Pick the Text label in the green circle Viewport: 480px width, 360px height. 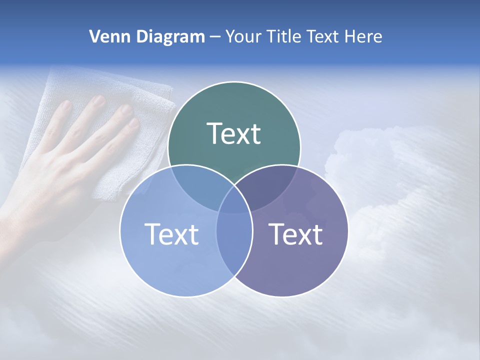pos(234,133)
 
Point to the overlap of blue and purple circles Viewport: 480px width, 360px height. pos(234,240)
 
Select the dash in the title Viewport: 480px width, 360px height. pos(215,36)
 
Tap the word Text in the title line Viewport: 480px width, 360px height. pos(324,36)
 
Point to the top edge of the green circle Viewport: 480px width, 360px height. pos(234,82)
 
